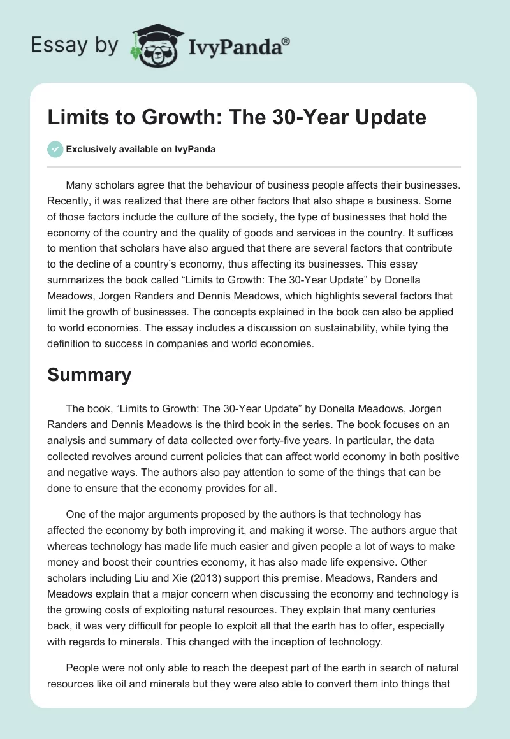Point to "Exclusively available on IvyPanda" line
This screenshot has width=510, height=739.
(140, 149)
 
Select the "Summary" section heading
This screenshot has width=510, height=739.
(89, 375)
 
